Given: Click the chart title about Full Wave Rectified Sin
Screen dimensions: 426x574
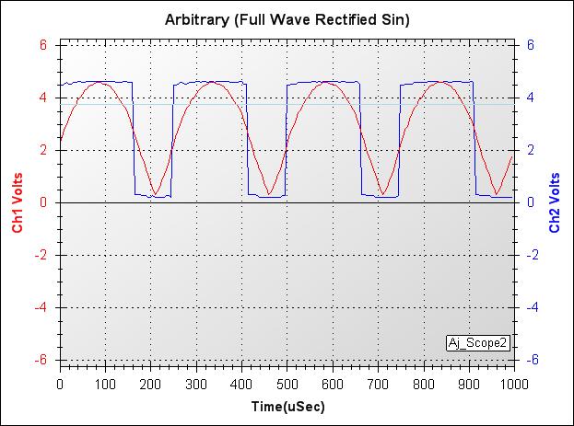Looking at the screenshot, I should point(287,18).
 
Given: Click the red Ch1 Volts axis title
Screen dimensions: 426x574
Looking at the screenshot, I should point(18,201).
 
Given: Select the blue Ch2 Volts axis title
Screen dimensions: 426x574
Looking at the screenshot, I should point(555,201).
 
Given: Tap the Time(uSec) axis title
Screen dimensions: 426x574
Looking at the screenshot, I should point(287,405).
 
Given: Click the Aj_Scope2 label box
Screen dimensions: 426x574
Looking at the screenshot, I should point(477,342).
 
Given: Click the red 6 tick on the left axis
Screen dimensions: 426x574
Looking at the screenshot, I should point(43,44).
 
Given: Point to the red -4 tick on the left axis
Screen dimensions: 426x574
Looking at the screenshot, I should point(41,307).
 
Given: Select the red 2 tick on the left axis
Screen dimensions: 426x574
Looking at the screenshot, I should point(43,149).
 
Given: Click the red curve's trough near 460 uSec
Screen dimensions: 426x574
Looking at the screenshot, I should point(269,194).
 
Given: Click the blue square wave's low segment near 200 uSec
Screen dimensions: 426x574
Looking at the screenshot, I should point(153,195).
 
